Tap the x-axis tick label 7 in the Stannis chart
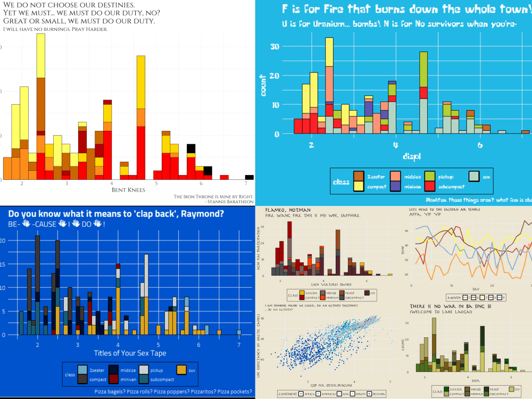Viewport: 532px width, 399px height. click(x=246, y=184)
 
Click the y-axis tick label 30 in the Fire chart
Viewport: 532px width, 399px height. click(x=275, y=46)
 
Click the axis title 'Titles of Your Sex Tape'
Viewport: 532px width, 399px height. click(x=130, y=353)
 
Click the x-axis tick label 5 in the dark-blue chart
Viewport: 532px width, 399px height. click(x=158, y=345)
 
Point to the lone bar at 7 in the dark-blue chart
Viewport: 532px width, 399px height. click(x=239, y=332)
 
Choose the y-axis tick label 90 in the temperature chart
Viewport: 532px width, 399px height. click(x=407, y=231)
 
